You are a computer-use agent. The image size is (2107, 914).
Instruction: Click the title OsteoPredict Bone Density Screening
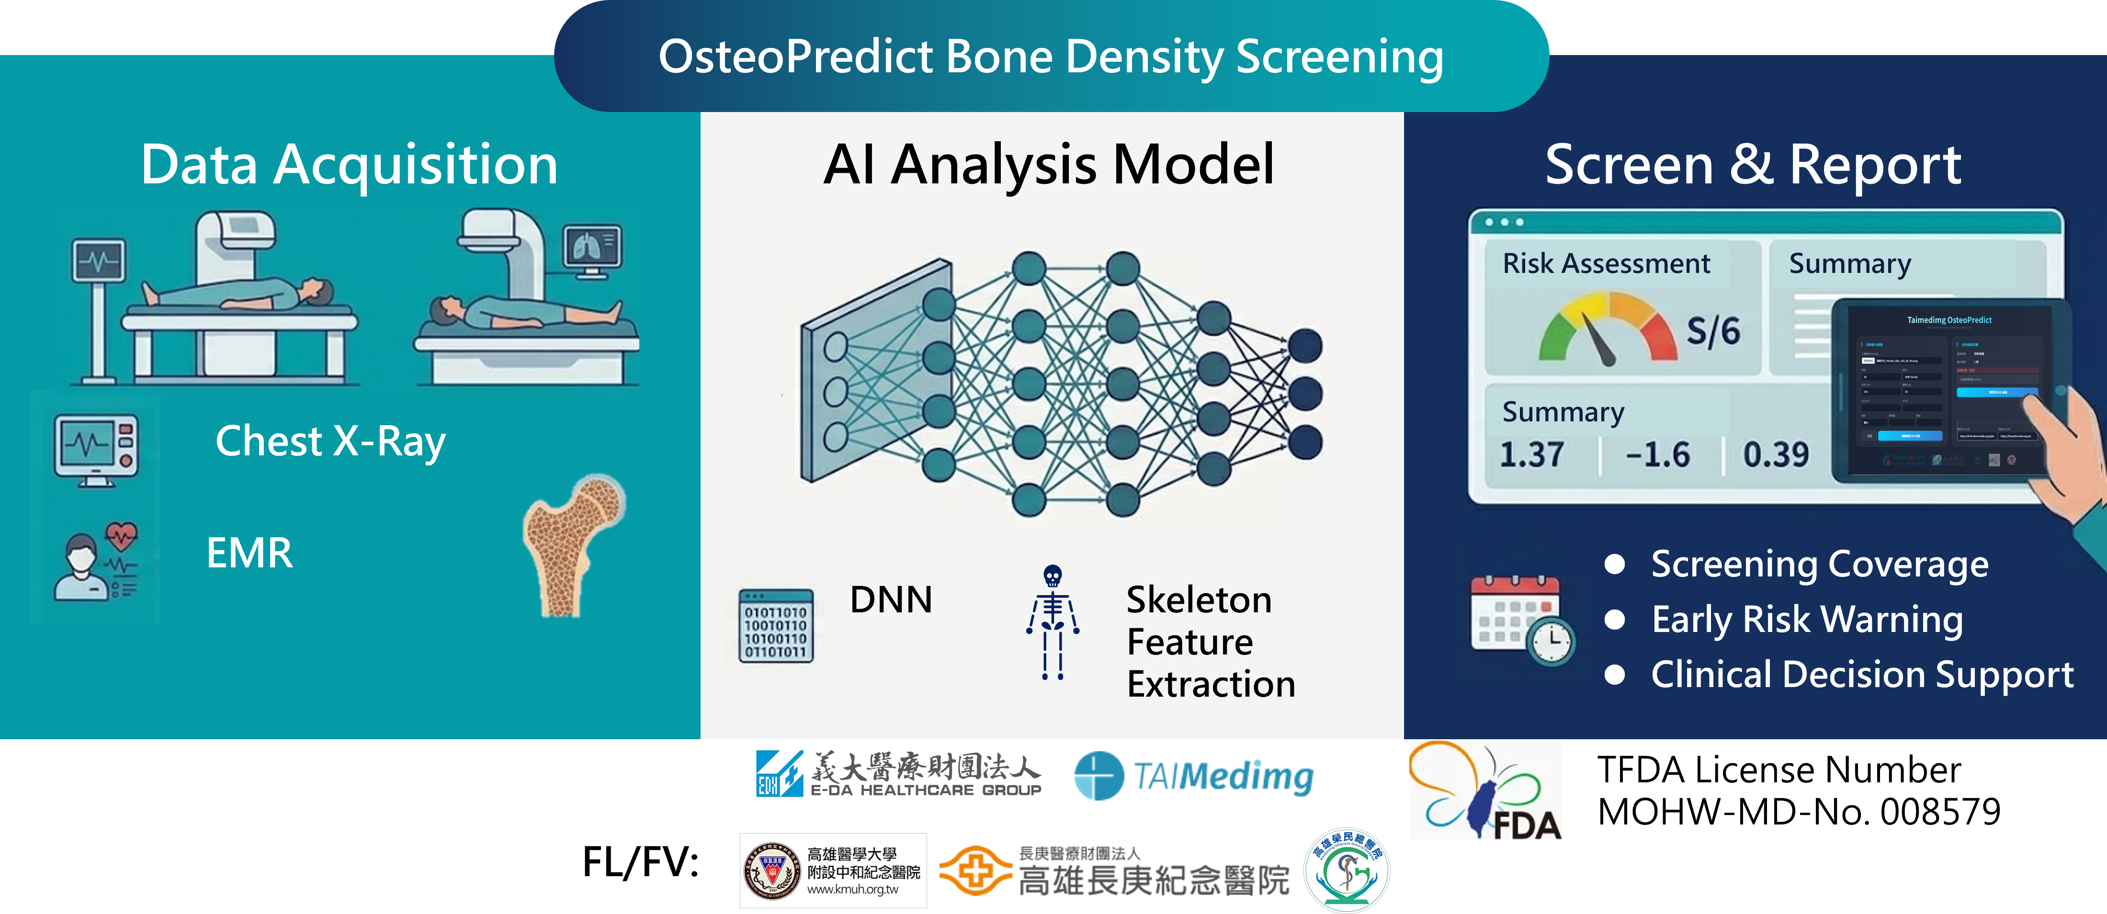(1051, 57)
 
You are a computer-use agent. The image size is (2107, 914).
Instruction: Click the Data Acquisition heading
(349, 165)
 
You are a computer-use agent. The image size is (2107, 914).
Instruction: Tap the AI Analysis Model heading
(1049, 165)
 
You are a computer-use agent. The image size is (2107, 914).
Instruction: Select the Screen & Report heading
(1753, 165)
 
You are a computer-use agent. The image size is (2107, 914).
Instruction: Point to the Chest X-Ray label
(330, 441)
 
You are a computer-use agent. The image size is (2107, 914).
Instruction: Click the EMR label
(249, 553)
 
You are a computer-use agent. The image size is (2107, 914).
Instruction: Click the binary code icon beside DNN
(775, 625)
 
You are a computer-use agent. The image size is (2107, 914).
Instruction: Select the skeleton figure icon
(1053, 621)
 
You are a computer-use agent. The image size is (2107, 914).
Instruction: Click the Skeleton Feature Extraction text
(1211, 642)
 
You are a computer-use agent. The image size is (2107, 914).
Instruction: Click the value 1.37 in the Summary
(1531, 454)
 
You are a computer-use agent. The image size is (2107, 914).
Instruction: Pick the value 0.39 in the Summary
(1776, 454)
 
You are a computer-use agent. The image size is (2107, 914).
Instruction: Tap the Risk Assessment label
(1607, 263)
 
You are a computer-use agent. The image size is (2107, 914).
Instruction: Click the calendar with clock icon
(1521, 621)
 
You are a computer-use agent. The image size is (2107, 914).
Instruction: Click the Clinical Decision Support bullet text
(1862, 675)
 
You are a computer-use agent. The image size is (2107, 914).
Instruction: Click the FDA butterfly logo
(1484, 790)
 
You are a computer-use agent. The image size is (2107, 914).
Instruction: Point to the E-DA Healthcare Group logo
(898, 773)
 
